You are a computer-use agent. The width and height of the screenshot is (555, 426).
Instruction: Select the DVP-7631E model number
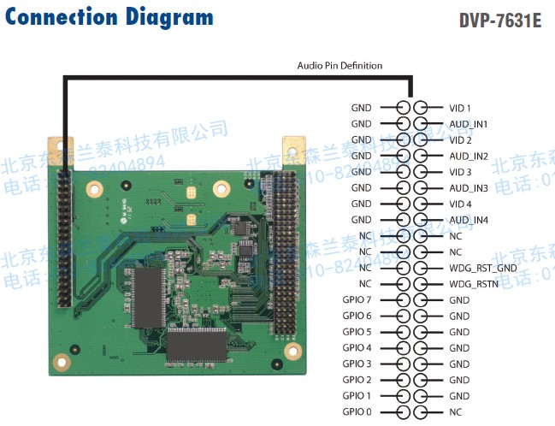click(499, 20)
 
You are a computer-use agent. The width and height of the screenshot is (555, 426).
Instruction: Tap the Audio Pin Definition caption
click(339, 66)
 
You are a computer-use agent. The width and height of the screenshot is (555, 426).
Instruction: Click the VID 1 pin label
click(460, 108)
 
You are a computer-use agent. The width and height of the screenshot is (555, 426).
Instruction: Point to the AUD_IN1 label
click(468, 124)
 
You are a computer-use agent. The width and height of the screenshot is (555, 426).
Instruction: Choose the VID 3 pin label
click(460, 172)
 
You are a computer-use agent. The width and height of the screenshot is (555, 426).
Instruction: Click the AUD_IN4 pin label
click(468, 220)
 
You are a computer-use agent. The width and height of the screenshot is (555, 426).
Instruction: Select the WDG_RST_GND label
click(482, 268)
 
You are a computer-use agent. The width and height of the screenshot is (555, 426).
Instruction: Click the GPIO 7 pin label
click(357, 300)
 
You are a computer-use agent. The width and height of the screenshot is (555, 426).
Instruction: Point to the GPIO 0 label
click(357, 412)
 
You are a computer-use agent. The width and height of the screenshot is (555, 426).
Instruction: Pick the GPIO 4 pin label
click(357, 348)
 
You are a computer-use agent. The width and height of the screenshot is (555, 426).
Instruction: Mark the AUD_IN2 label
click(468, 156)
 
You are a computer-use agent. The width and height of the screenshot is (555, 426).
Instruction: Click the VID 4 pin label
click(460, 204)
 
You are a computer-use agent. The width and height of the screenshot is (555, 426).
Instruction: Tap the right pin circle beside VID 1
click(420, 108)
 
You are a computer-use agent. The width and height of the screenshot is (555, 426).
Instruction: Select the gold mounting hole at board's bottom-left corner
click(61, 362)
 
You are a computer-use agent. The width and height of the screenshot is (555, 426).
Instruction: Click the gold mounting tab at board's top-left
click(53, 146)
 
